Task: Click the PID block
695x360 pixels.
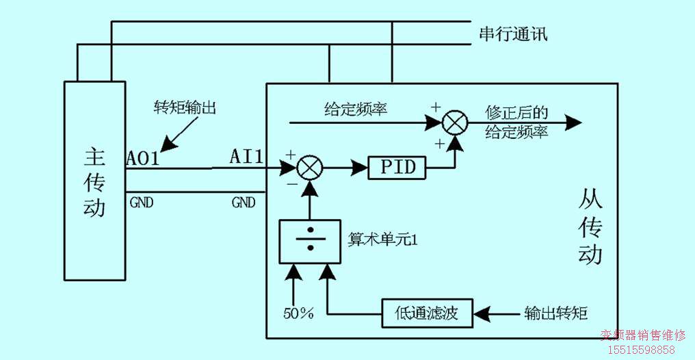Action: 397,167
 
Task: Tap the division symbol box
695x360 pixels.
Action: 309,241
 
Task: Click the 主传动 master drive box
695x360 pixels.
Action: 94,181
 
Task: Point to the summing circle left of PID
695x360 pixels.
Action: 309,167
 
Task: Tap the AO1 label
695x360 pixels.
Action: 142,158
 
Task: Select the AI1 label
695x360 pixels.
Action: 246,157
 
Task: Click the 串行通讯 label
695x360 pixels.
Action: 513,34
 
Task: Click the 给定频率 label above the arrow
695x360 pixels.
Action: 356,108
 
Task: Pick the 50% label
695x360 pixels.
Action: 298,313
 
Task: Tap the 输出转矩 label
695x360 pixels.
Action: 555,313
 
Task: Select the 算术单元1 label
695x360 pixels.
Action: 378,240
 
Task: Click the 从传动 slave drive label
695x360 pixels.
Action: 590,226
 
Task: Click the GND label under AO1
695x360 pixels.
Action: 142,203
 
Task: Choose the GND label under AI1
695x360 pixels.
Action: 244,203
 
